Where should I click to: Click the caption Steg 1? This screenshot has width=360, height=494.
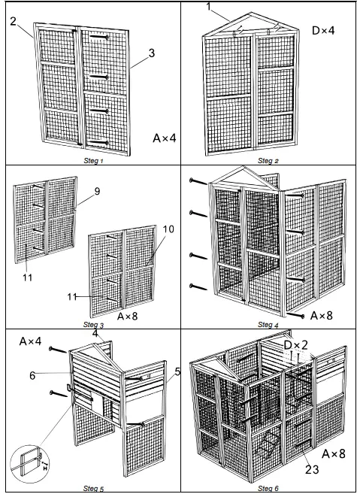coord(92,160)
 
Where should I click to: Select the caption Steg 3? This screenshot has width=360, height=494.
coord(92,324)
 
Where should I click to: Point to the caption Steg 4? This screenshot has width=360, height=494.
coord(268,324)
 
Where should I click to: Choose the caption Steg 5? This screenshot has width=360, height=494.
coord(92,489)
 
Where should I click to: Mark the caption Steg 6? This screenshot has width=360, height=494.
coord(268,489)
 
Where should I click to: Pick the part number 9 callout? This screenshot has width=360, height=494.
coord(97,192)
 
